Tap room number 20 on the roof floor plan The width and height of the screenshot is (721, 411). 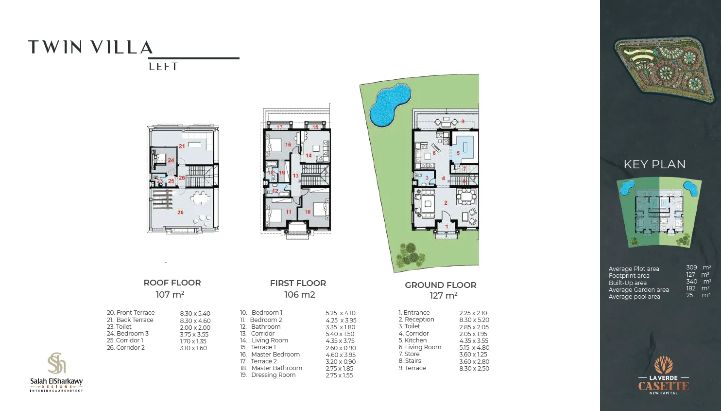[180, 213]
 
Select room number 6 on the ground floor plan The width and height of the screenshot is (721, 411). [434, 153]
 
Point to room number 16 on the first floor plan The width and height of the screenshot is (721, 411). [288, 145]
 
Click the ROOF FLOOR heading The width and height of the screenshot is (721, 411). [172, 283]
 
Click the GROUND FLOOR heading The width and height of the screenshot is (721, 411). [441, 285]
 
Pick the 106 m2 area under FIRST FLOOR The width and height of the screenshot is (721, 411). [299, 295]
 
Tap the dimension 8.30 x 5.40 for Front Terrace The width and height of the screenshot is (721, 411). [195, 314]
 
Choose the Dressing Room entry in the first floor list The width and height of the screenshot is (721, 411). [273, 375]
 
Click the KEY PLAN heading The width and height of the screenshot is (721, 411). [654, 164]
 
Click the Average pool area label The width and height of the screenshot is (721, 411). [634, 297]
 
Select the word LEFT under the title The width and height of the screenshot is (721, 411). [163, 67]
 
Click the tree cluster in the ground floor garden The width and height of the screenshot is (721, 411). [410, 254]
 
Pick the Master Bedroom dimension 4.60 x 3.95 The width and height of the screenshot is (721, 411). [340, 355]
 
